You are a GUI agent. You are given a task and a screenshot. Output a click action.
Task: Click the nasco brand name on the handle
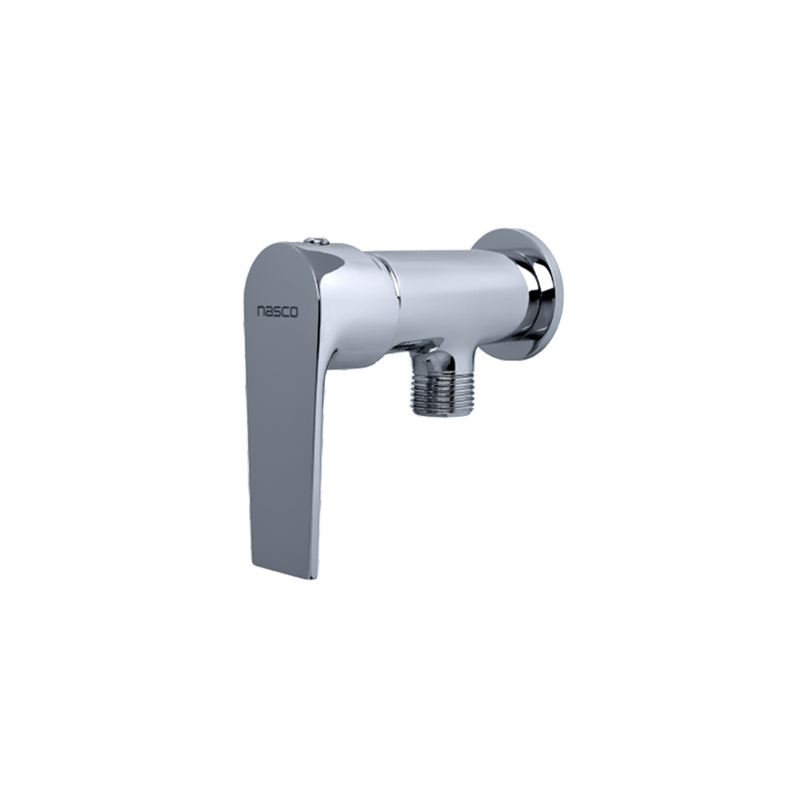[x=277, y=311]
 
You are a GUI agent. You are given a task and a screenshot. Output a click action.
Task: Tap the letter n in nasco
[x=262, y=311]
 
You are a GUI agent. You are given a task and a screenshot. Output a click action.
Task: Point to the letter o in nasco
[x=294, y=313]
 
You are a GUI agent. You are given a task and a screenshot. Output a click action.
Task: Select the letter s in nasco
[x=277, y=311]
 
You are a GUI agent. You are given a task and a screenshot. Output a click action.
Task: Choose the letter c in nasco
[x=285, y=312]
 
